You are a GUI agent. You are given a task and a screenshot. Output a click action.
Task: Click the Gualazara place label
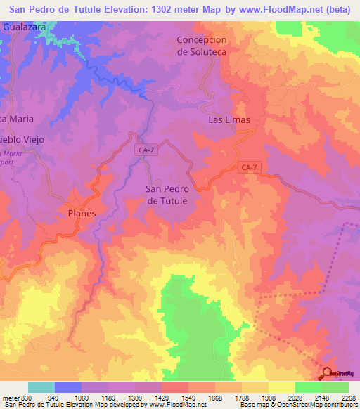[25, 26]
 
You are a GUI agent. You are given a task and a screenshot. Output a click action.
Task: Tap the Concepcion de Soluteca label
[202, 46]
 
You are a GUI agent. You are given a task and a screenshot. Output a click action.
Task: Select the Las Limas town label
[229, 120]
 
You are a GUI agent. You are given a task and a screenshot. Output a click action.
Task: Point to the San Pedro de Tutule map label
[167, 195]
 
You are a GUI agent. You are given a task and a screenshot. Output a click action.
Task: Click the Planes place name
[82, 212]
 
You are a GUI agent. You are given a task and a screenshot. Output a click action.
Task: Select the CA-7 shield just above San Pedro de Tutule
[146, 150]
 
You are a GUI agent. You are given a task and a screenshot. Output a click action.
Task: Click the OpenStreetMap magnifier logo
[328, 374]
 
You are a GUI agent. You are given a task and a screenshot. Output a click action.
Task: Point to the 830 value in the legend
[26, 397]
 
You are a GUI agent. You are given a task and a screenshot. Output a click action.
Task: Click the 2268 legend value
[347, 397]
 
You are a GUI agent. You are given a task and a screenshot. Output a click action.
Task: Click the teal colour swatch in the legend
[41, 387]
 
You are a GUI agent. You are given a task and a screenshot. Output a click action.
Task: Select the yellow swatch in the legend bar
[281, 387]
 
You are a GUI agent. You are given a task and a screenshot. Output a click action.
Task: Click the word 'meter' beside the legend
[9, 397]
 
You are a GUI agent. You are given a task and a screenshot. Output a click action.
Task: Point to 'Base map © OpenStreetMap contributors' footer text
[297, 405]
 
